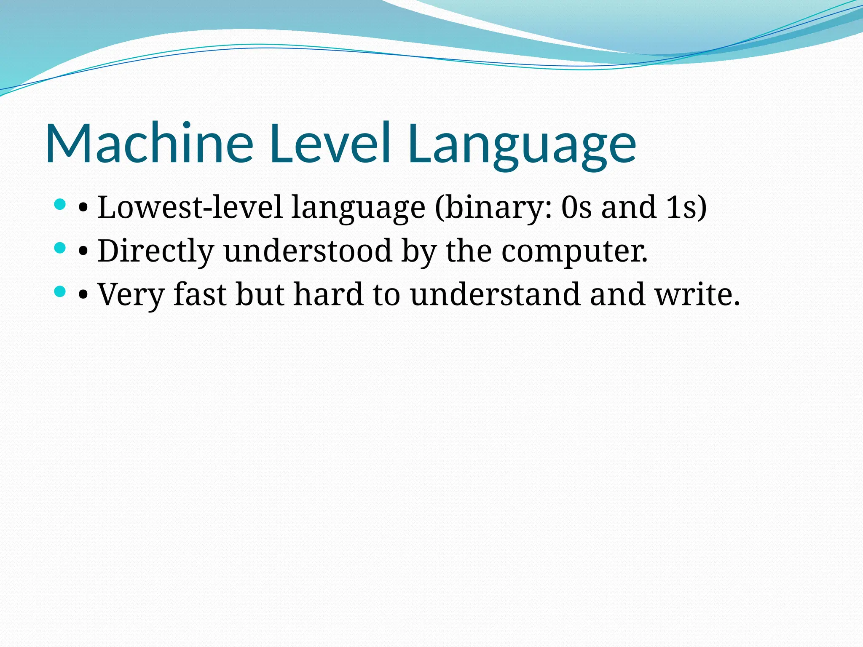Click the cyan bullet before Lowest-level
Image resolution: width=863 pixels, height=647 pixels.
click(60, 205)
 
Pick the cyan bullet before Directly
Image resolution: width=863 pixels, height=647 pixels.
click(60, 248)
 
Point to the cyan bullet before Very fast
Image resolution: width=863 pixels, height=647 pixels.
click(60, 291)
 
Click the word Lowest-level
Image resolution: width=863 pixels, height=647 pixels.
click(190, 207)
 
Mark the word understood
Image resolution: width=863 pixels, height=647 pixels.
click(308, 251)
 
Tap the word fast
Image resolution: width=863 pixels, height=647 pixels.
click(200, 294)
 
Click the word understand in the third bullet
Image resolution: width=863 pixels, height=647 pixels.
click(496, 294)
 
